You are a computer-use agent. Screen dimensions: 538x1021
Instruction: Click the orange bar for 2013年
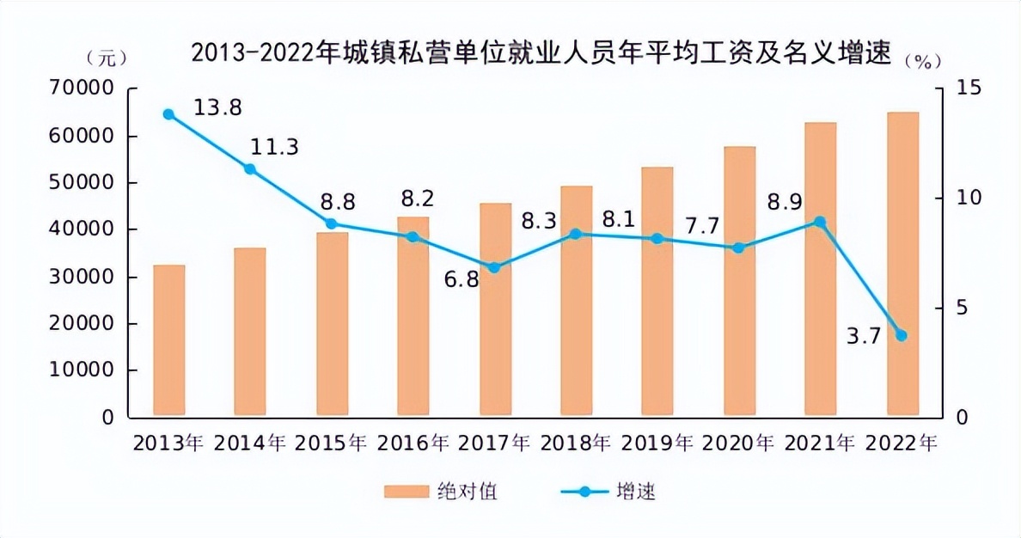(169, 341)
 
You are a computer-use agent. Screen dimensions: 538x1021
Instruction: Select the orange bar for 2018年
(577, 302)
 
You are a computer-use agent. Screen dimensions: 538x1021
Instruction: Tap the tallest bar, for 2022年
(902, 265)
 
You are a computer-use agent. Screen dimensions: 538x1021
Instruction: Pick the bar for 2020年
(739, 282)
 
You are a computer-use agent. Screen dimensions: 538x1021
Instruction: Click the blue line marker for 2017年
(494, 267)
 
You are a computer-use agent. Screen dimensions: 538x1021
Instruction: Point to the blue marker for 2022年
(902, 335)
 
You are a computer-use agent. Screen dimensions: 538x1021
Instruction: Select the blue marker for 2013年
(168, 114)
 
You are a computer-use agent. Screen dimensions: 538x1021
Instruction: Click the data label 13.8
(217, 108)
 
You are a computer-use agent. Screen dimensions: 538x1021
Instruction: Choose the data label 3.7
(864, 336)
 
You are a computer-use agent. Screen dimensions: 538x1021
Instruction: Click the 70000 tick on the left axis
(83, 89)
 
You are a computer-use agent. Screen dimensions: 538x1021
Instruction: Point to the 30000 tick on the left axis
(83, 278)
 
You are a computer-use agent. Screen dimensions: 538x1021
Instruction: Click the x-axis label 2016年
(413, 443)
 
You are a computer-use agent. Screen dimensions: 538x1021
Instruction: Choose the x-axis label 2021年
(821, 443)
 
